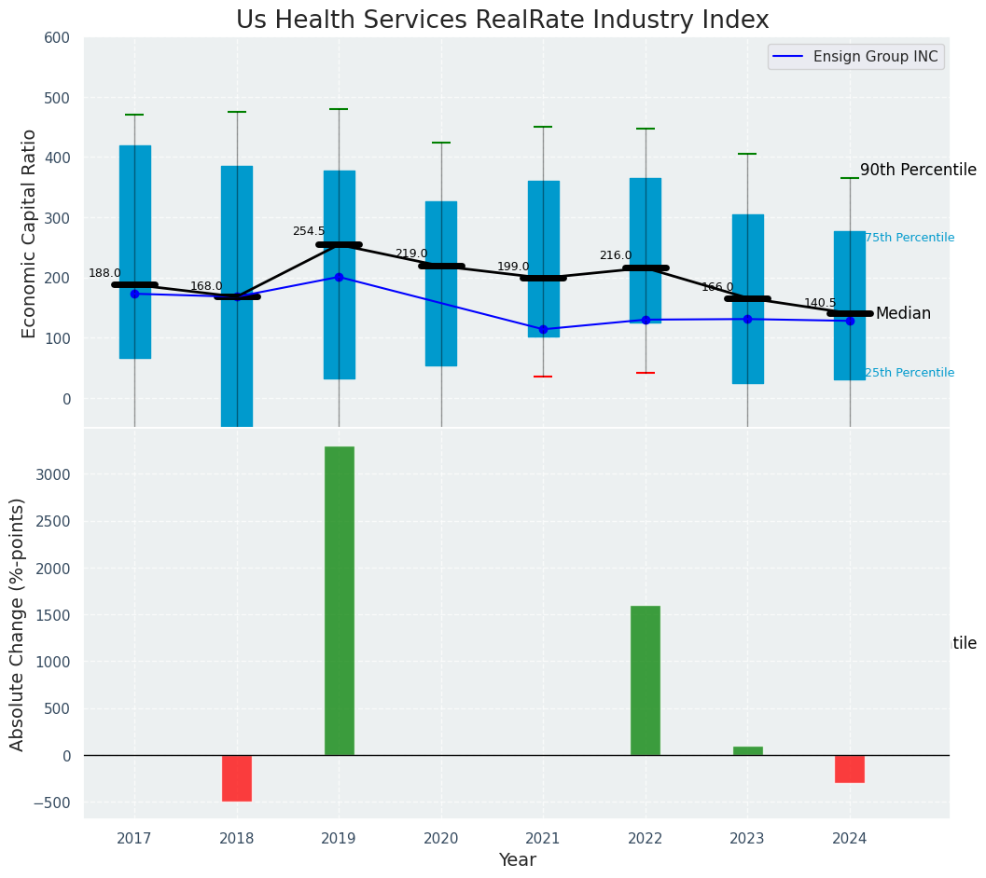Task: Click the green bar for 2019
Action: pos(340,600)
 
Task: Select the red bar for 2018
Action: pos(237,778)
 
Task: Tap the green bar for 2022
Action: pos(646,680)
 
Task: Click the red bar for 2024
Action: pos(850,769)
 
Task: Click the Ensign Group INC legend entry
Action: pos(856,57)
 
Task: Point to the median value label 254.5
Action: pos(309,231)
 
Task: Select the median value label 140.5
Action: pos(821,303)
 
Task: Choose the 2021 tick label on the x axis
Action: pos(543,839)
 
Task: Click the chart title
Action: pos(502,21)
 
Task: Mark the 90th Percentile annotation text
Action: pos(918,170)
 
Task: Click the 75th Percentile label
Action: pos(910,238)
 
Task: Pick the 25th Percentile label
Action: pos(910,373)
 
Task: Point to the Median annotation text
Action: pos(903,314)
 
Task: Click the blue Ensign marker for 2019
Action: pos(339,277)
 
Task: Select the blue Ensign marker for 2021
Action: pos(543,329)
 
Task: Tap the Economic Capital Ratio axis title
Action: pos(29,233)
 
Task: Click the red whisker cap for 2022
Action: pos(646,373)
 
